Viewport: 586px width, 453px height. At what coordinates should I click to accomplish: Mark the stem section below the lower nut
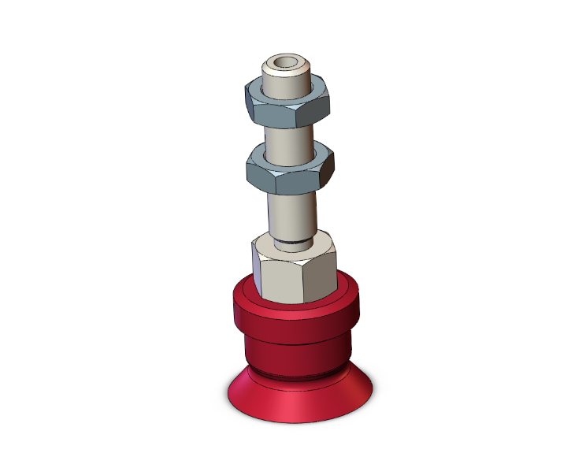291,213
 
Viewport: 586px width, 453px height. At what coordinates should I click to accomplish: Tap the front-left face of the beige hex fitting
280,280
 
